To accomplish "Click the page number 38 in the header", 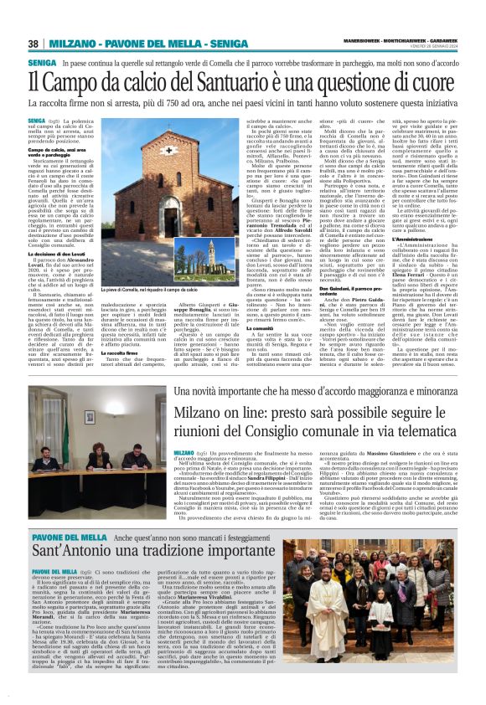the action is (34, 44).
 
